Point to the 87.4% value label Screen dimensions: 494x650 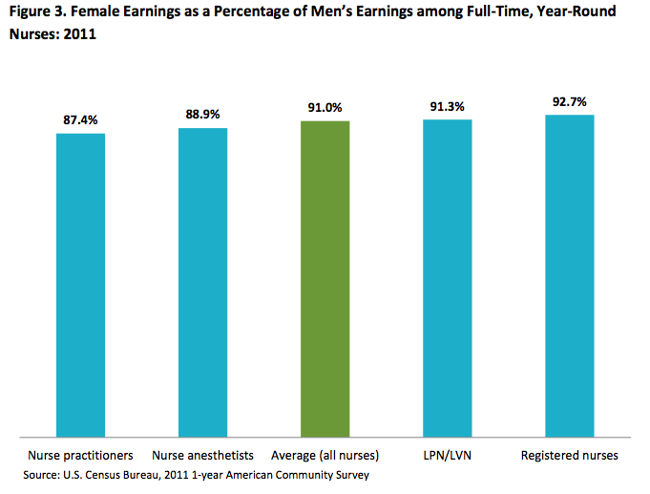(x=81, y=120)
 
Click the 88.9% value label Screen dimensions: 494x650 (x=202, y=115)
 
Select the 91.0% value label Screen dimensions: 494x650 (x=325, y=108)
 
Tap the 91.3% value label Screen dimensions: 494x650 (x=448, y=107)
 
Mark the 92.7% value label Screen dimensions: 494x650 (x=570, y=101)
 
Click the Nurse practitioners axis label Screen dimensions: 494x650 (x=81, y=455)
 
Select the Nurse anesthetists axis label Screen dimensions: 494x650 (x=202, y=455)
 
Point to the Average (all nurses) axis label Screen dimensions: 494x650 (x=325, y=455)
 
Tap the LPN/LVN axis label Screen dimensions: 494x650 (x=448, y=455)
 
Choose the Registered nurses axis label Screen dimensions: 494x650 (x=570, y=455)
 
